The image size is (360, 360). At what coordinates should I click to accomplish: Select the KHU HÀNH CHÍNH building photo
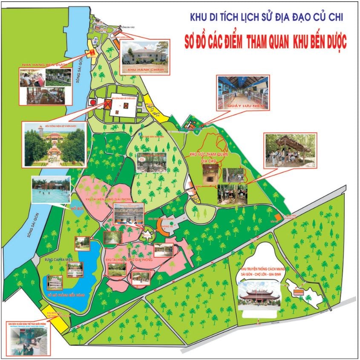(x=145, y=58)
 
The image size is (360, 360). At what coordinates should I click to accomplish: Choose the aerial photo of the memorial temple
(x=55, y=145)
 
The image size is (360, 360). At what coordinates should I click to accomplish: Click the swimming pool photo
(x=50, y=190)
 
